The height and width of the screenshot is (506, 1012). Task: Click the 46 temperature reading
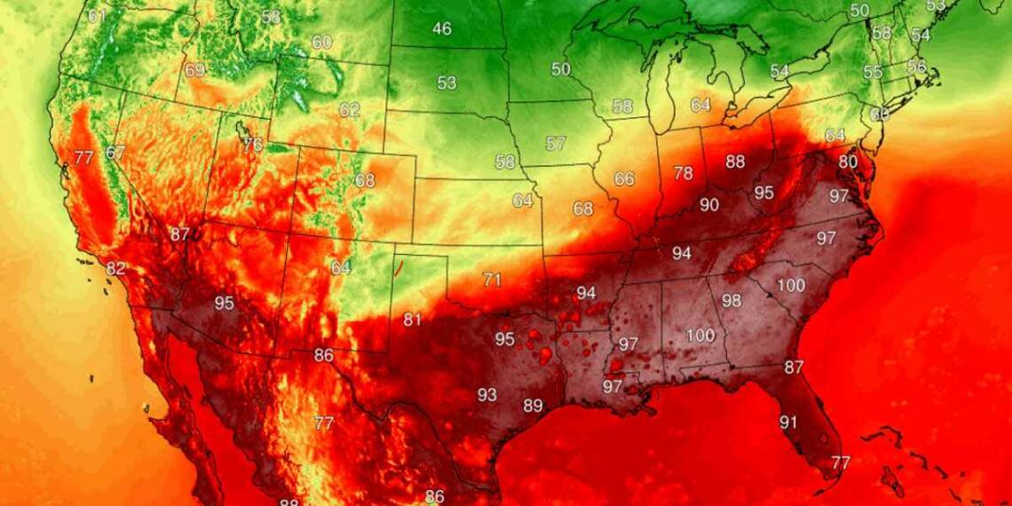[x=442, y=29]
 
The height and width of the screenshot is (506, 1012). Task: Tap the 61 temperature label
[x=97, y=16]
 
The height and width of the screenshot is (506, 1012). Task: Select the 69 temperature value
[x=194, y=69]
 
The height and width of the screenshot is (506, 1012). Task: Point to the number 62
[x=349, y=110]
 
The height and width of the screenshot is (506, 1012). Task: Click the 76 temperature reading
[x=253, y=144]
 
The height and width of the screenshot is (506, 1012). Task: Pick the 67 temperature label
[x=115, y=153]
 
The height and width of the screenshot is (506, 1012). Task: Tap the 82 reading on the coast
[x=115, y=269]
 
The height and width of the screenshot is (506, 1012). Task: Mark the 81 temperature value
[x=413, y=320]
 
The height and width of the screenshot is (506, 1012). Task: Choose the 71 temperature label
[x=492, y=280]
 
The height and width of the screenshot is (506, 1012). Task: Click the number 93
[x=487, y=394]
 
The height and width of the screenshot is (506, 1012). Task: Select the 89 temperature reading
[x=533, y=406]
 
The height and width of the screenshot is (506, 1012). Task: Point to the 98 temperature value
[x=731, y=301]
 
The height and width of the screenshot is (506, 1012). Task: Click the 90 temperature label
[x=708, y=205]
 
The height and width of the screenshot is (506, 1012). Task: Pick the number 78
[x=683, y=173]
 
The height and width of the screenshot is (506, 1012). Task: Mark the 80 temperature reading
[x=849, y=162]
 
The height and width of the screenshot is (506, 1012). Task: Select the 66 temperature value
[x=624, y=178]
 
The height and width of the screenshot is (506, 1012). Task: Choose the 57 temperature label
[x=556, y=143]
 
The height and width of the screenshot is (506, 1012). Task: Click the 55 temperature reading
[x=873, y=73]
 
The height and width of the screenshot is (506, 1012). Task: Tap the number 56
[x=915, y=67]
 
